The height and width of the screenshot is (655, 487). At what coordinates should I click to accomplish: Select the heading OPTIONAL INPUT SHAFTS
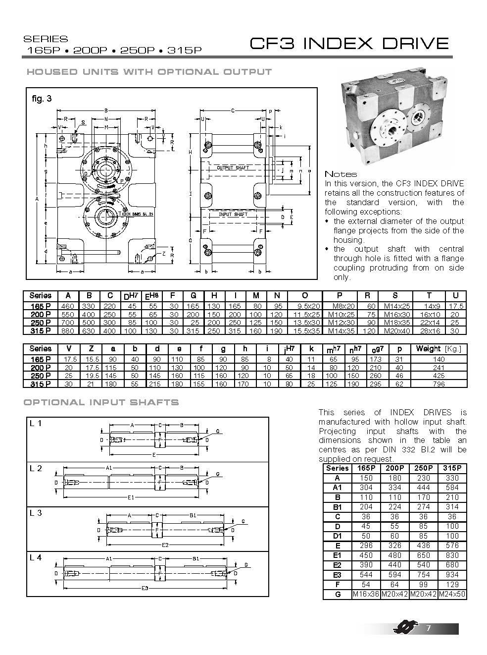(101, 402)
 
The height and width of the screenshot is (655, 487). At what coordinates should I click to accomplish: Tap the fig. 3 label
(42, 99)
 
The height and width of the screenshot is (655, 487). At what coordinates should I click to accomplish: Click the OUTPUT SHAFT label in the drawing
(233, 168)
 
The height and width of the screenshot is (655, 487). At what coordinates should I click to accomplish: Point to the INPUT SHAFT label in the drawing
(233, 214)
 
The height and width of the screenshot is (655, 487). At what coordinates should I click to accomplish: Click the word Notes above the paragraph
(341, 174)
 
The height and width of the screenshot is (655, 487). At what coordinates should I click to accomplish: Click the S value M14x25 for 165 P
(395, 306)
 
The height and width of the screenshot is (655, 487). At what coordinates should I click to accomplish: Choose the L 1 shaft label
(36, 424)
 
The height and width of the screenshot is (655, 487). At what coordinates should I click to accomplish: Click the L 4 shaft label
(36, 558)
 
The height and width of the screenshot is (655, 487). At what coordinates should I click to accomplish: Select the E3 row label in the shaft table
(338, 575)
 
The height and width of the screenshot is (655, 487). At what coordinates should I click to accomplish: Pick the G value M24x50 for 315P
(452, 594)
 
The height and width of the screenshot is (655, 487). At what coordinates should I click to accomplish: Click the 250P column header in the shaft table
(424, 468)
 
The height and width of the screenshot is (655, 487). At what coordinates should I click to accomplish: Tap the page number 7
(429, 629)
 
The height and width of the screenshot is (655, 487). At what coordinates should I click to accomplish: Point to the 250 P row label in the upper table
(40, 323)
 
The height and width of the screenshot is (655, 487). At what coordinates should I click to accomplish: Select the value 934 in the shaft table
(452, 575)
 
